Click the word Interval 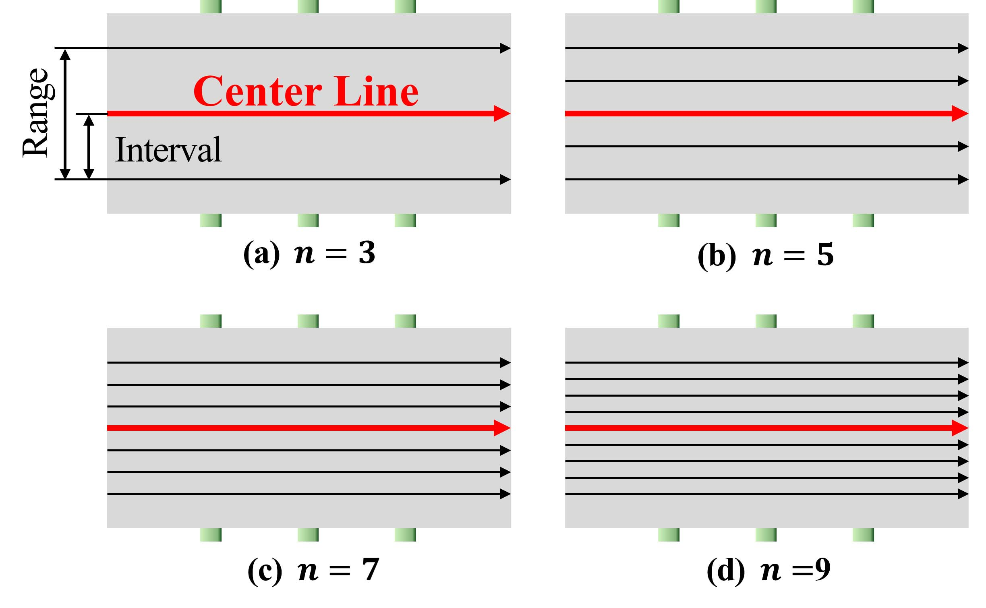(168, 150)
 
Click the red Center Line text (306, 92)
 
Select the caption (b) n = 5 (765, 255)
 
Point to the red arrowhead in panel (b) (960, 114)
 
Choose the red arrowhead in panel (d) (960, 428)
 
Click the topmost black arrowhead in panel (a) (505, 48)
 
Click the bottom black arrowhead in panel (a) (505, 180)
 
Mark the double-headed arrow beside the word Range (65, 114)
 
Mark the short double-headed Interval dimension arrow (89, 147)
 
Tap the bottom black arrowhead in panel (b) (963, 180)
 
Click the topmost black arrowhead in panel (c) (505, 363)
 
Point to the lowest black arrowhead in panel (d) (963, 494)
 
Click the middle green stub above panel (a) (308, 6)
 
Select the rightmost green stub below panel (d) (863, 535)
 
